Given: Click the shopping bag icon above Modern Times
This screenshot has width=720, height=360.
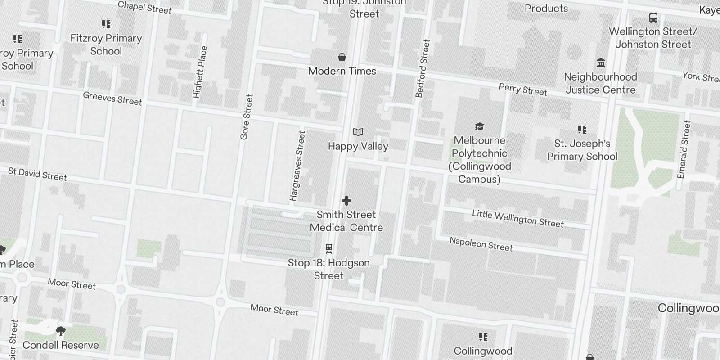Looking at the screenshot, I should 342,57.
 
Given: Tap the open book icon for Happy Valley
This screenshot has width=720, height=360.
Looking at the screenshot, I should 358,132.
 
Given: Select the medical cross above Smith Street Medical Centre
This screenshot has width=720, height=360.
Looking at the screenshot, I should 346,201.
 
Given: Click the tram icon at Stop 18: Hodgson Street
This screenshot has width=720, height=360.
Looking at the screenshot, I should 329,248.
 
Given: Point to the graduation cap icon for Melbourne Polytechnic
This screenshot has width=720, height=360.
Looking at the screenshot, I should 479,127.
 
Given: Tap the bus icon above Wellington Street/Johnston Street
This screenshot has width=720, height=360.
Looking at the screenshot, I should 653,18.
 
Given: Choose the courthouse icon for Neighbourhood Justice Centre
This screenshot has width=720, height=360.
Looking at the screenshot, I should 600,63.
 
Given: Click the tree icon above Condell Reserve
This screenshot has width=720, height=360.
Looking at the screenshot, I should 60,332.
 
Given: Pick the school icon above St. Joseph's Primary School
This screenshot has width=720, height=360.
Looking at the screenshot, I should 582,130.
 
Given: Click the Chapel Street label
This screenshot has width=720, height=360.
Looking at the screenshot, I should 144,7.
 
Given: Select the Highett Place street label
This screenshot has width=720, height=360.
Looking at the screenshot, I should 200,72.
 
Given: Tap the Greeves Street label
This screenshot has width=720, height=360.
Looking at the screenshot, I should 112,99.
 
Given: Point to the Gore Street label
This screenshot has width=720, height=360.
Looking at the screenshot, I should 247,117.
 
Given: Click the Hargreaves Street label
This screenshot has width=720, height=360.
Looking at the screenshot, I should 297,166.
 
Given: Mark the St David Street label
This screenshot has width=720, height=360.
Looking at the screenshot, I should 37,174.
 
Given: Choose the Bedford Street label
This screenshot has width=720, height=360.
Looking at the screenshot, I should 423,68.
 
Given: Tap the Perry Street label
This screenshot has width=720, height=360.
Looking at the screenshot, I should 523,89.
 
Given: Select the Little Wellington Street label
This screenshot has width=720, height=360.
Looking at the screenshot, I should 517,218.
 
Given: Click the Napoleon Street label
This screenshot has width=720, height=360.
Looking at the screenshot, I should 481,244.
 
